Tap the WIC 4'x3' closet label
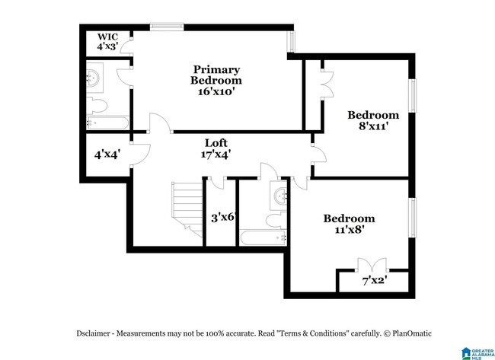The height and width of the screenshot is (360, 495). point(106,41)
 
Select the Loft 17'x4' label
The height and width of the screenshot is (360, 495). point(216,148)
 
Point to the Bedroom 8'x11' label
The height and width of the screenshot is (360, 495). point(373,121)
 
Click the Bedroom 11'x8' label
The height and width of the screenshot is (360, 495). point(349,224)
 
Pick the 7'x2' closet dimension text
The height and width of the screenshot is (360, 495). point(374,280)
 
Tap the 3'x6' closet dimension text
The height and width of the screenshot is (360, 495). point(222,217)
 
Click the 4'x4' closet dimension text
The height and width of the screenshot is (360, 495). point(106,155)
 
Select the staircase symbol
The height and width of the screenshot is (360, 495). point(184,205)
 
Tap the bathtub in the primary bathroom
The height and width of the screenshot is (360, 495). point(107,122)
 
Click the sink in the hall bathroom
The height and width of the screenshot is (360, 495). point(279,196)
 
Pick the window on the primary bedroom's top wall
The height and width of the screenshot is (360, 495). point(166,27)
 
